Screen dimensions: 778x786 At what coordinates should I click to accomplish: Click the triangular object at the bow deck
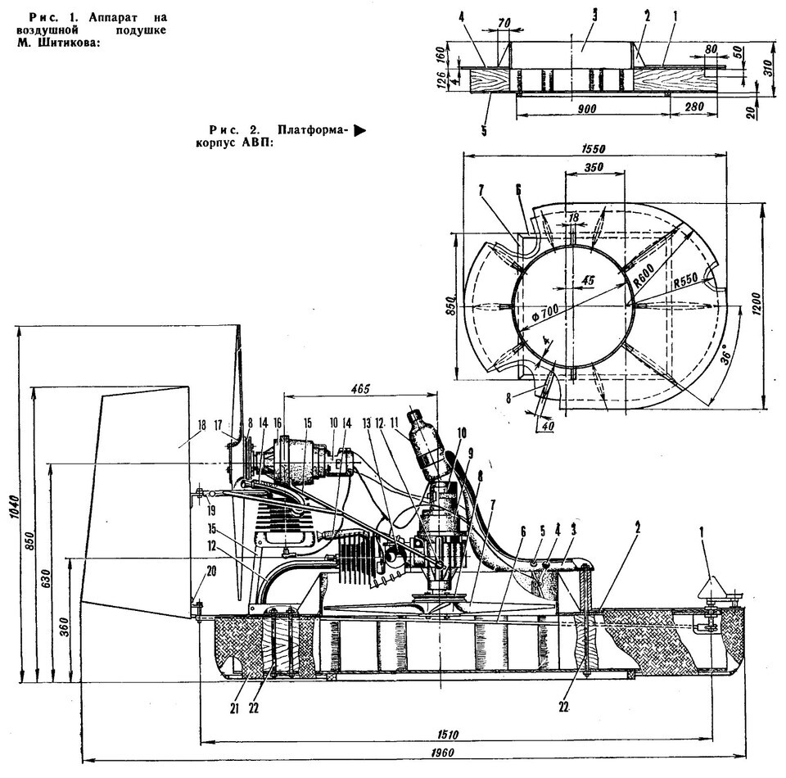[709, 589]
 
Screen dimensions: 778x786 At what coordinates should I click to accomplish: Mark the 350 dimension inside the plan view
[588, 167]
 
